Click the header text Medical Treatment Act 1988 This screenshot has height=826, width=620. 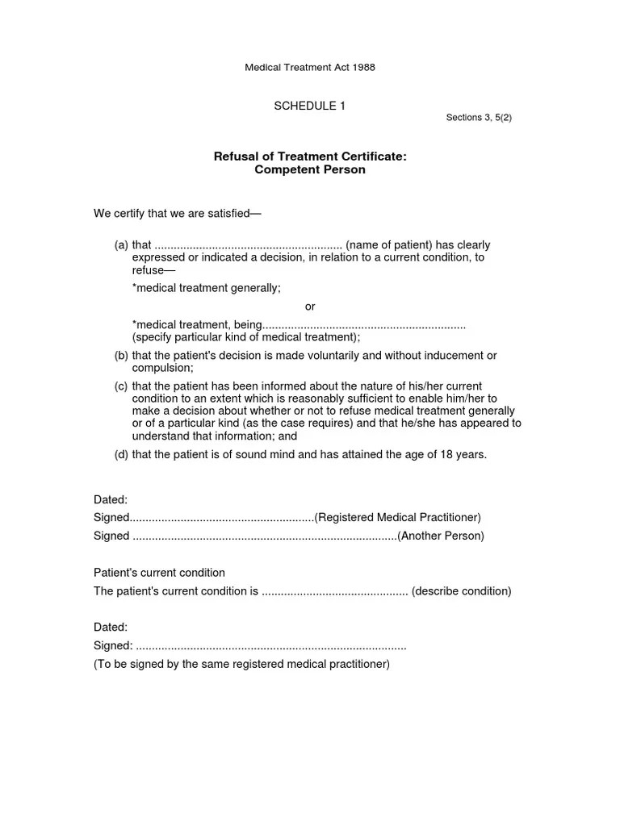tap(310, 68)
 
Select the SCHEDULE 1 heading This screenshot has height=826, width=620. tap(310, 106)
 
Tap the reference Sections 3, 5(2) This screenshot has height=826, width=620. tap(479, 118)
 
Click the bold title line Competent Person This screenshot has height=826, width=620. tap(310, 169)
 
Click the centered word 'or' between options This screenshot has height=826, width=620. tap(310, 307)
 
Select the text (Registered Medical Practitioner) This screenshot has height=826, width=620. tap(397, 517)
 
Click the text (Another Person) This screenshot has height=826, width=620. tap(441, 536)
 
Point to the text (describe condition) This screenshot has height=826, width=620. tap(461, 591)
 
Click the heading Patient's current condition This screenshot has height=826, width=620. tap(159, 573)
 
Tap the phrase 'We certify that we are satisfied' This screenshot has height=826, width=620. tap(177, 214)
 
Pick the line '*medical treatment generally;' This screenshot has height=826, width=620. tap(207, 288)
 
